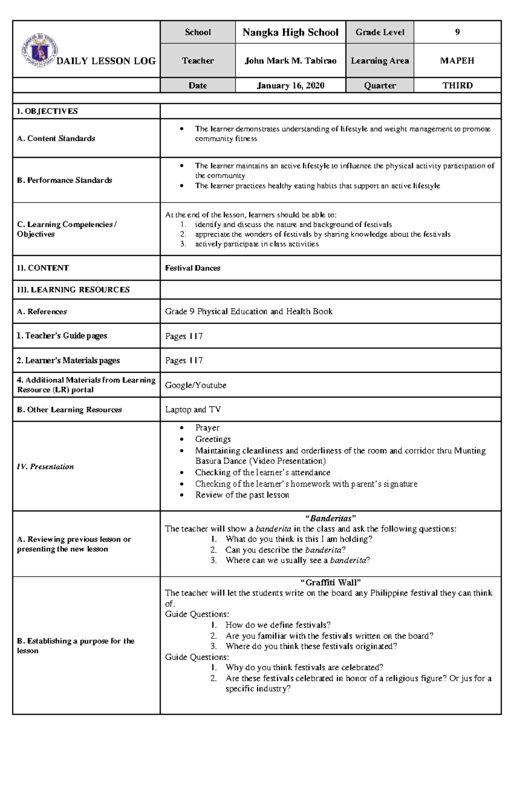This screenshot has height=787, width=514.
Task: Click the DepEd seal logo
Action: (40, 50)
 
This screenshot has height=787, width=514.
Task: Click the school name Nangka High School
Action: (290, 33)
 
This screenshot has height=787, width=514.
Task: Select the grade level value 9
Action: (457, 32)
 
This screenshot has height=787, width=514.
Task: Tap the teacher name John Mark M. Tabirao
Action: (290, 61)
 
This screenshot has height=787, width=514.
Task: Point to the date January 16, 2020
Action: (290, 85)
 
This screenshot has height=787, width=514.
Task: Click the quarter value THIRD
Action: (457, 85)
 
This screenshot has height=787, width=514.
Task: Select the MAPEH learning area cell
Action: (457, 61)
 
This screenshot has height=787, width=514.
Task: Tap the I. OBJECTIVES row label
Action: (48, 111)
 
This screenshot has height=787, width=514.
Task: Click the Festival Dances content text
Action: (193, 268)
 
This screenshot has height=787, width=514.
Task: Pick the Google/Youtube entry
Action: (196, 385)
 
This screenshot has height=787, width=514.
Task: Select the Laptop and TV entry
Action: (193, 410)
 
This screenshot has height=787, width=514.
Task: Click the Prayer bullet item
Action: (207, 428)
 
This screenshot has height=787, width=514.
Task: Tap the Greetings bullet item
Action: (213, 439)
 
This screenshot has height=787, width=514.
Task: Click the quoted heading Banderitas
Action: (330, 518)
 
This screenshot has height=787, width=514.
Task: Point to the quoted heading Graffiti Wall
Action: (330, 582)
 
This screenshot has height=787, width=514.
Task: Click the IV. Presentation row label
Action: (45, 467)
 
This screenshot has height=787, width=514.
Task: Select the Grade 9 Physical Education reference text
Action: (248, 311)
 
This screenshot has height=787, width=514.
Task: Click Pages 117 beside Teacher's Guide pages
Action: (184, 336)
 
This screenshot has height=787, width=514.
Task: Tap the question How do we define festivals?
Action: (278, 625)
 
